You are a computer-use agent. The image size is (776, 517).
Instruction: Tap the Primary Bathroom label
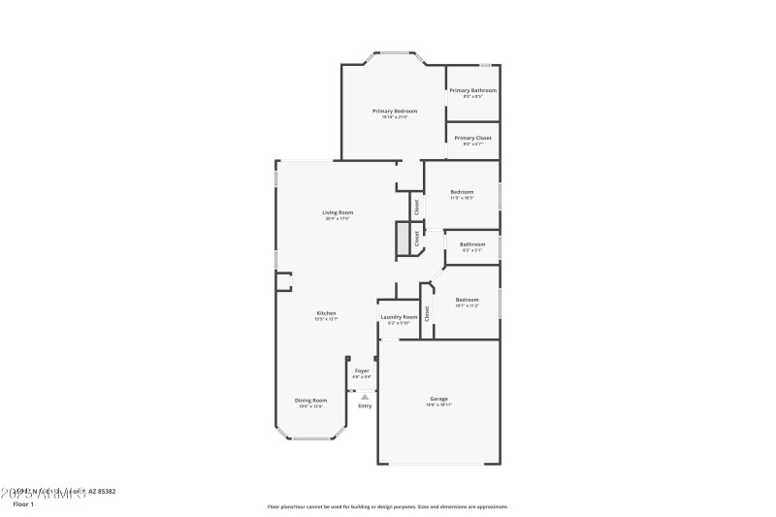coord(472,90)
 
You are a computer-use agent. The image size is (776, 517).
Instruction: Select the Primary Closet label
coord(472,138)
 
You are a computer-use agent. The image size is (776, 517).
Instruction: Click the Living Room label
coord(338,212)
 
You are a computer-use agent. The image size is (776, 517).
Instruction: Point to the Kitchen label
coord(326,312)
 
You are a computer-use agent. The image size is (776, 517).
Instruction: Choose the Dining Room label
coord(311,400)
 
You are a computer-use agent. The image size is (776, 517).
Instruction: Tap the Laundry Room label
coord(399,316)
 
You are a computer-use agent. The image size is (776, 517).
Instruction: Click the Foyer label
coord(361,370)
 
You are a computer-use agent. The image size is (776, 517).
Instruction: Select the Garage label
coord(439,399)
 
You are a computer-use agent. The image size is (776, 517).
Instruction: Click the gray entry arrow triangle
coord(365,396)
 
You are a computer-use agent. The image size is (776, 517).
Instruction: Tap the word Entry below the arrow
coord(365,405)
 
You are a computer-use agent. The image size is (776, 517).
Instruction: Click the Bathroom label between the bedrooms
coord(472,243)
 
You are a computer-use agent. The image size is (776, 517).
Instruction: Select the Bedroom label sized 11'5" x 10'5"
coord(462,192)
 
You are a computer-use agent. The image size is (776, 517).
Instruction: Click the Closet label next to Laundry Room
coord(427,312)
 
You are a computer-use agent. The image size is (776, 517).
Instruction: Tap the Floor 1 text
coord(23,504)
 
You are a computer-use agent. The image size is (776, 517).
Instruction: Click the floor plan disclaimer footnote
coord(387,506)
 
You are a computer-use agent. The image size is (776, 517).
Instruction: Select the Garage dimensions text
coord(439,404)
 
